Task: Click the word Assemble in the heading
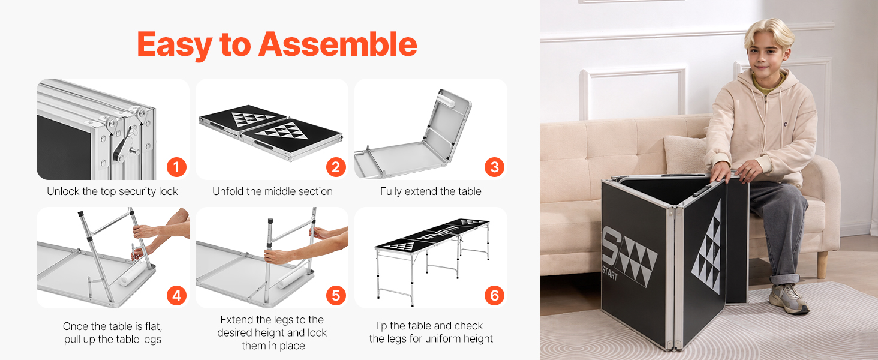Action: coord(338,44)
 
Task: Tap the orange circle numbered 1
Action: coord(176,167)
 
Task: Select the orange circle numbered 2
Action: coord(336,167)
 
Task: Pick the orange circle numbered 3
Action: coord(494,167)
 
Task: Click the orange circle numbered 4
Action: coord(176,295)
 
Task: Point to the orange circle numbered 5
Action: coord(336,295)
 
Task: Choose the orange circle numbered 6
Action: coord(494,295)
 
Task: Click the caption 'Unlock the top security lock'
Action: coord(112,191)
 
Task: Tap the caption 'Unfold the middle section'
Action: coord(272,191)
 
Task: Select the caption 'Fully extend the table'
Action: coord(431,191)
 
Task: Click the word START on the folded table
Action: coord(609,272)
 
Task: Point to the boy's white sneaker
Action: coord(788,298)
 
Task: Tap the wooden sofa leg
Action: coord(822,265)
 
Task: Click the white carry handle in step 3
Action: coord(447,98)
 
